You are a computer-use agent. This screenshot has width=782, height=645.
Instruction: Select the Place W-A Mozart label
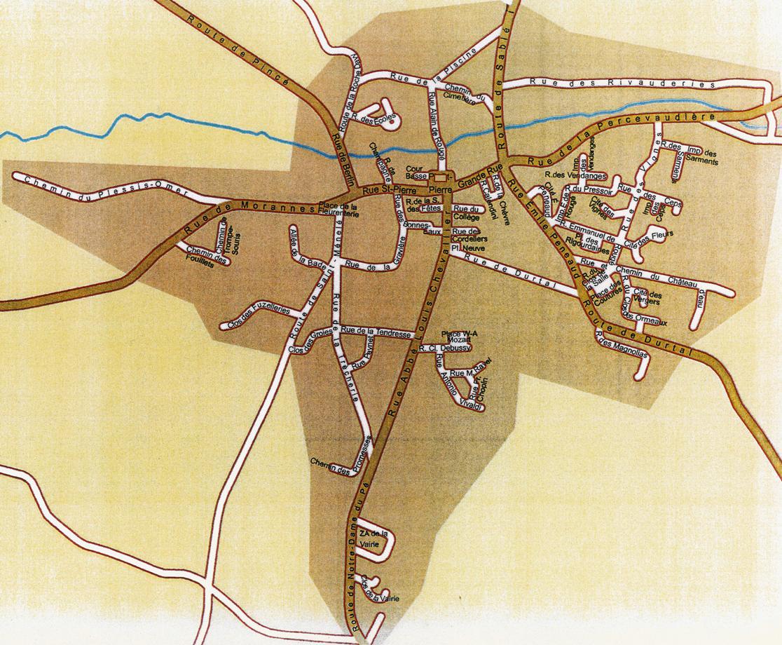pos(459,336)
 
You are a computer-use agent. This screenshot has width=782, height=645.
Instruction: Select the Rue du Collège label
pos(466,212)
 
